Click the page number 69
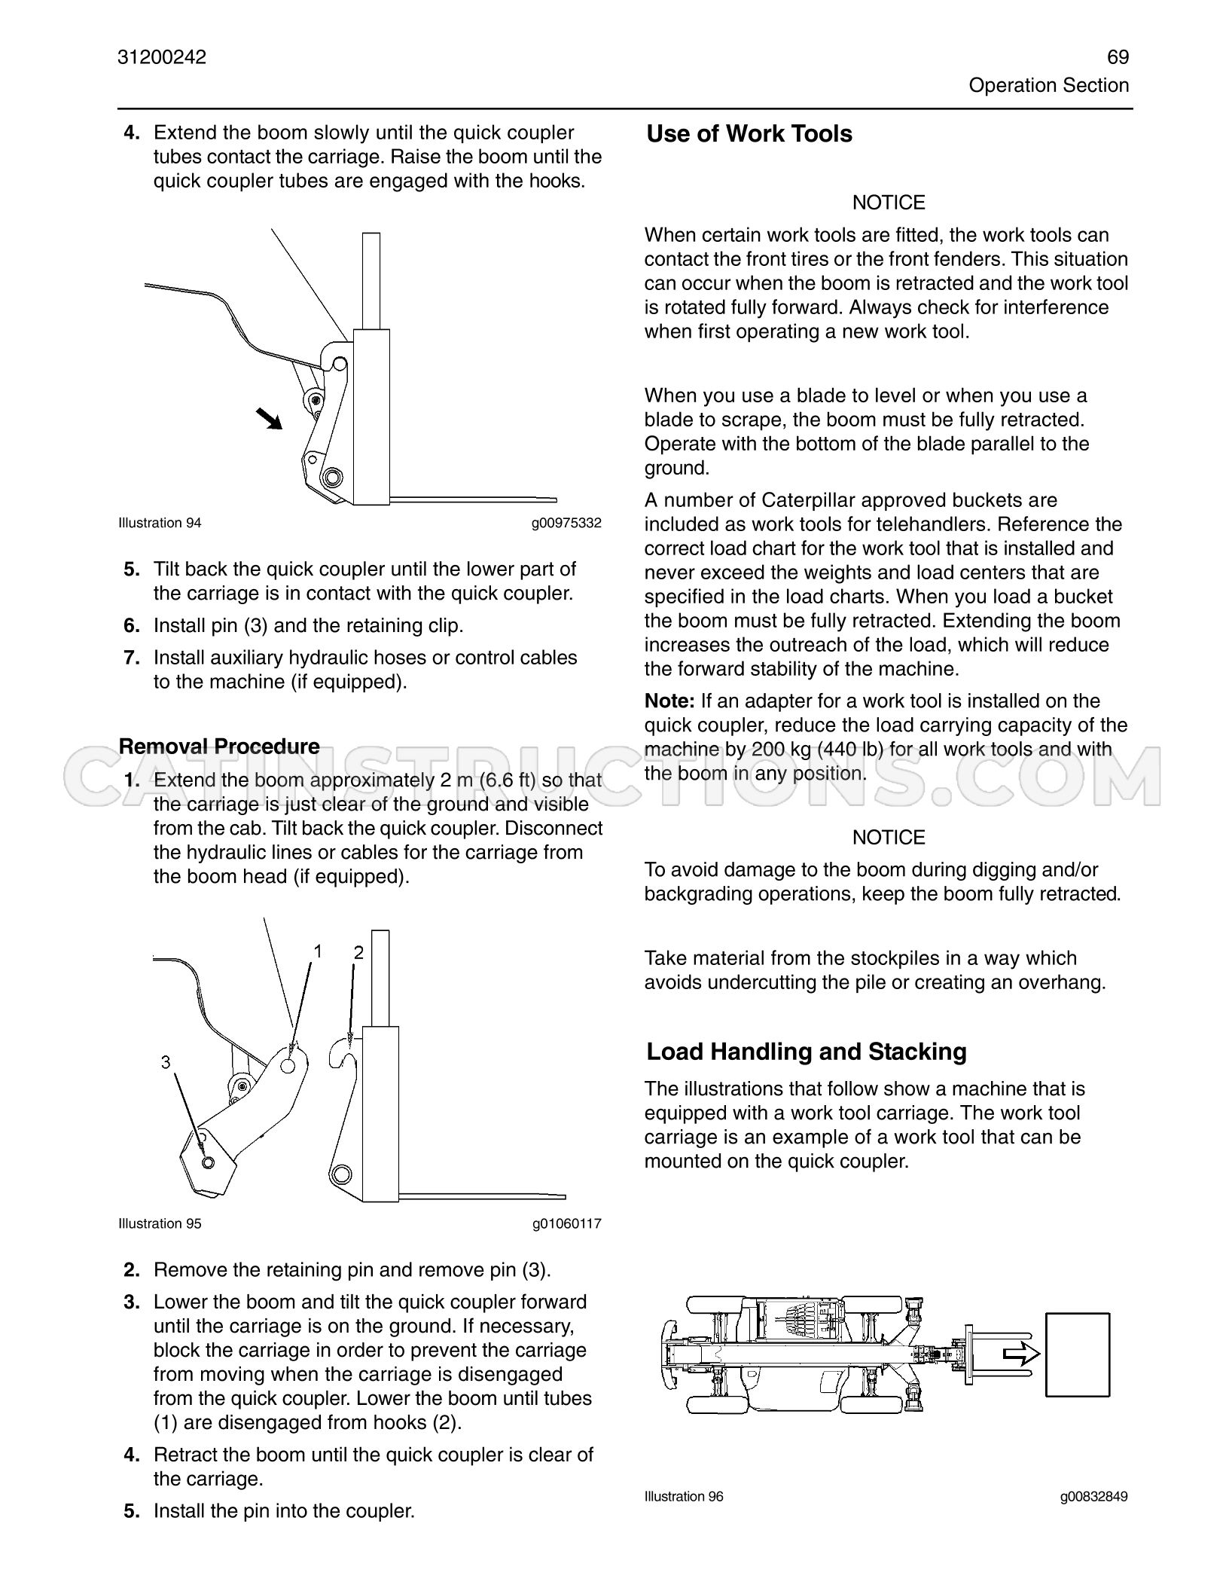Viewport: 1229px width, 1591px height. point(1118,57)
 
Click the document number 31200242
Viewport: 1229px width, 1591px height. point(162,57)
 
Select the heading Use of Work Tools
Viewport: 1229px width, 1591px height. point(749,134)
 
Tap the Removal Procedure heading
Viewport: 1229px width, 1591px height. point(219,746)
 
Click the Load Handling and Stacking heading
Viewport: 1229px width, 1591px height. point(807,1052)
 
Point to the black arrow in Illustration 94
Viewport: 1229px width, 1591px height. point(269,418)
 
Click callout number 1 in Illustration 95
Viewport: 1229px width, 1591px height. point(318,951)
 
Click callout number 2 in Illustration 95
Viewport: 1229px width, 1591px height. point(358,953)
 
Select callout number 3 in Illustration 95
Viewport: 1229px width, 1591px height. point(166,1062)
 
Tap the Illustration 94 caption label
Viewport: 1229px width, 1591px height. point(160,523)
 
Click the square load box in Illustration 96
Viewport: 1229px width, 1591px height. point(1078,1354)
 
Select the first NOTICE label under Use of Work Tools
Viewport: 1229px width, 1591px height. point(889,203)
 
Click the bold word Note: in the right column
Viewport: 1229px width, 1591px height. point(669,701)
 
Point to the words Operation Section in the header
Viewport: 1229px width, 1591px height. point(1049,85)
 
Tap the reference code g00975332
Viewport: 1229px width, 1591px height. point(566,523)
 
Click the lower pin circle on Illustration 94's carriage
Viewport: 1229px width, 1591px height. point(331,477)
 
